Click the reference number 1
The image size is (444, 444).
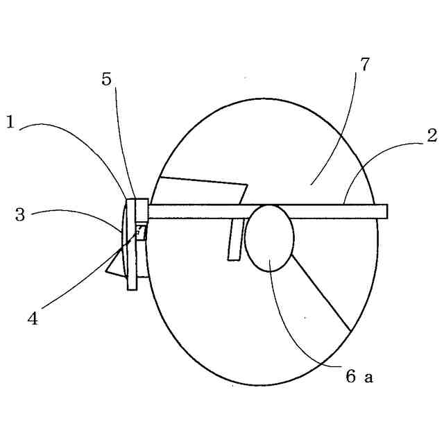(11, 123)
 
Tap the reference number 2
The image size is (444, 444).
(432, 136)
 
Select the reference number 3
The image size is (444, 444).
(20, 214)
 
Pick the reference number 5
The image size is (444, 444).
(106, 78)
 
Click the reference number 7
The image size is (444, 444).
(365, 65)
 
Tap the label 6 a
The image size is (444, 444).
(359, 377)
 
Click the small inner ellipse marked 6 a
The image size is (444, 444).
(270, 238)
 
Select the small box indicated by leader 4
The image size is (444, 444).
(142, 231)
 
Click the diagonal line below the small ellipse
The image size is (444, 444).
(321, 292)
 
